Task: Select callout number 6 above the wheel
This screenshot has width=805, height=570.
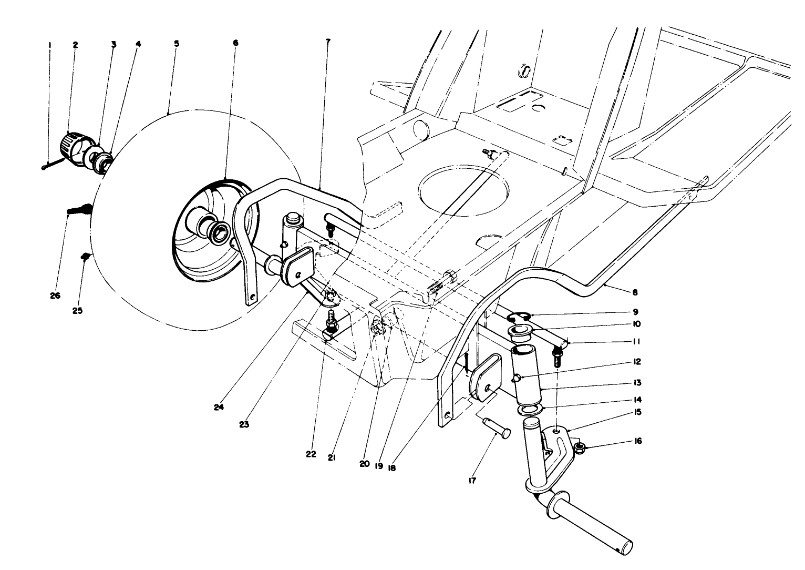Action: click(235, 43)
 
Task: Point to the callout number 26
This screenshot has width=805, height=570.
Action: click(55, 296)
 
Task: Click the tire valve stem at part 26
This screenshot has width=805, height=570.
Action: click(80, 210)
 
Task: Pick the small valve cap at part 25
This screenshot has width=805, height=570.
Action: click(84, 256)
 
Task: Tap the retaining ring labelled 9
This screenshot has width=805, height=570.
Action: click(518, 317)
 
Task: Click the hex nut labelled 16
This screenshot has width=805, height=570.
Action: click(581, 447)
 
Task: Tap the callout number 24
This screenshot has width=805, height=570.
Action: click(219, 408)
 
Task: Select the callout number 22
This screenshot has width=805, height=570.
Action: click(311, 454)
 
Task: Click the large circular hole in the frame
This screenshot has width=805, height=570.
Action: click(463, 190)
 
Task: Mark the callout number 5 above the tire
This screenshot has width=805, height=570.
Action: click(177, 44)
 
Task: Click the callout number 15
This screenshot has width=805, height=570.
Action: click(637, 412)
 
